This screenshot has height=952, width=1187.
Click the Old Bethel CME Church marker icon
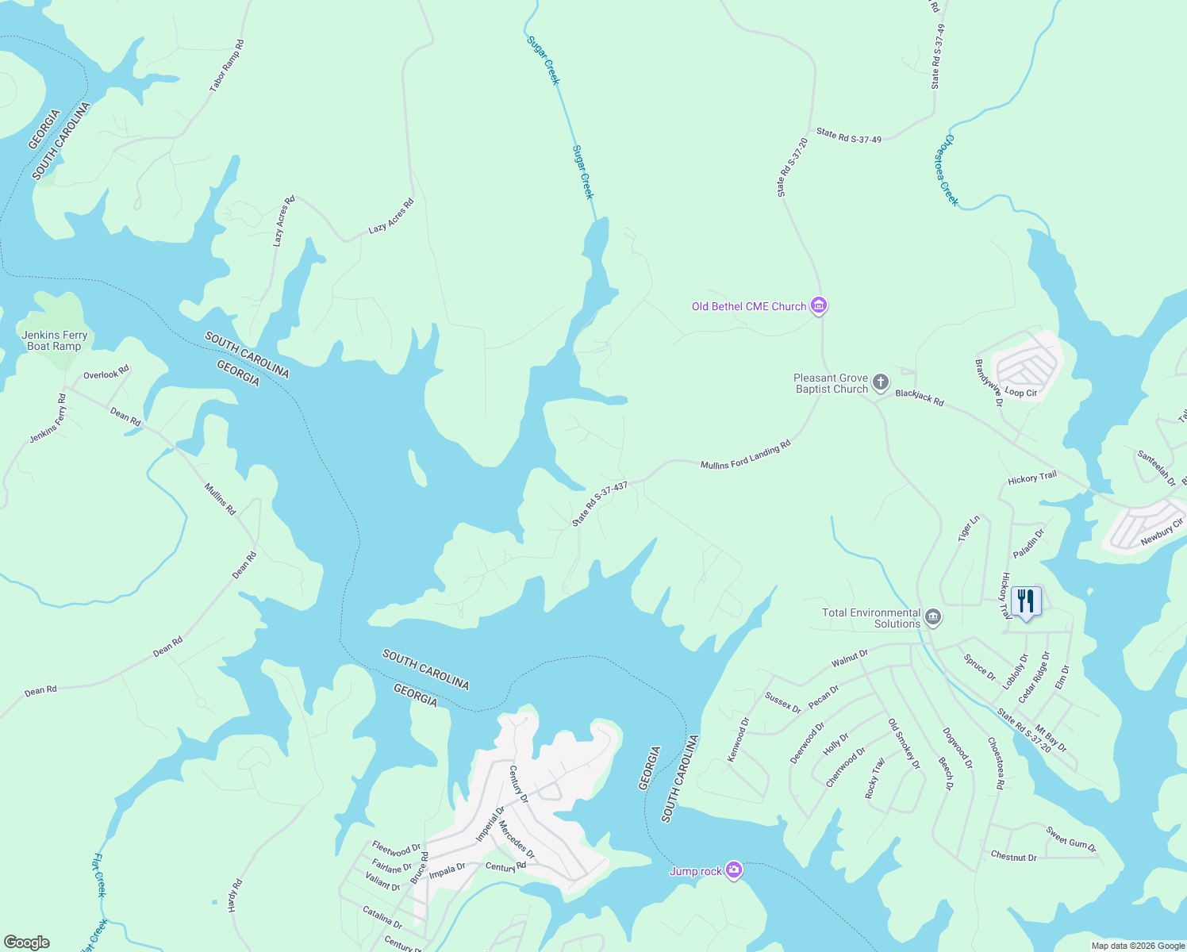click(x=819, y=305)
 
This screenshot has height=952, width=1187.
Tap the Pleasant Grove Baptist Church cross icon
click(x=881, y=383)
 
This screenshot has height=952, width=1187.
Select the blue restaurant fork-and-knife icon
click(x=1026, y=602)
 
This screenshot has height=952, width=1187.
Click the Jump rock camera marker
click(x=734, y=870)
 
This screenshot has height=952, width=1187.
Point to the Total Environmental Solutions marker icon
click(x=933, y=617)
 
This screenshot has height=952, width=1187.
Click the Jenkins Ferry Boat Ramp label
click(x=54, y=341)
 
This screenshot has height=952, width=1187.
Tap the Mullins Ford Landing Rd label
click(x=745, y=455)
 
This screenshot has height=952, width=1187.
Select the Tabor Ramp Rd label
click(x=227, y=66)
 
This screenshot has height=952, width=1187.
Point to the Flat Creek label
click(x=99, y=875)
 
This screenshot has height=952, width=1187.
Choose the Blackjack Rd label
click(x=920, y=397)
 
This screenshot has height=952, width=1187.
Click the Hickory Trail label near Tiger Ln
click(x=1031, y=478)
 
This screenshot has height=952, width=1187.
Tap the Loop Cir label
click(x=1020, y=393)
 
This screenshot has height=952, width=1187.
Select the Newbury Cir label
click(x=1162, y=532)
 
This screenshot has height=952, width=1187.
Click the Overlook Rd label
click(x=106, y=373)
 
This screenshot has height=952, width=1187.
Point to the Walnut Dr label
click(x=849, y=658)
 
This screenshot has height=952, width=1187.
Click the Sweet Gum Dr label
click(x=1070, y=839)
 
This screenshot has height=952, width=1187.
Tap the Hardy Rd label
click(x=235, y=895)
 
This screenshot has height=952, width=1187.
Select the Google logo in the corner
click(x=26, y=942)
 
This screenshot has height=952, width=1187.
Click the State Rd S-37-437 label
click(x=600, y=504)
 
